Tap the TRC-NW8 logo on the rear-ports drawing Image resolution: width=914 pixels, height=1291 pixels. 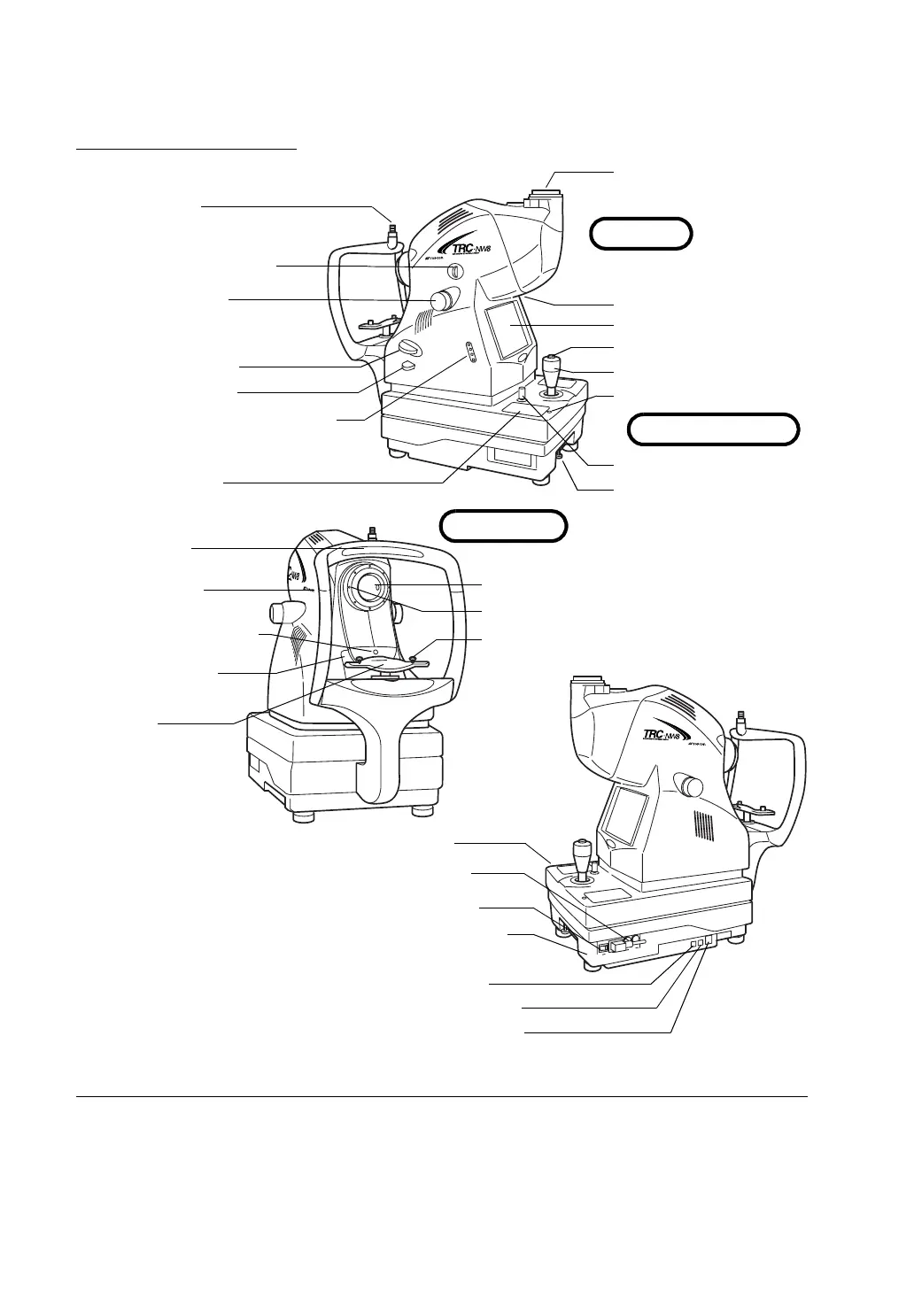pyautogui.click(x=660, y=733)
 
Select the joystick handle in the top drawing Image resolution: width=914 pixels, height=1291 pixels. pyautogui.click(x=552, y=367)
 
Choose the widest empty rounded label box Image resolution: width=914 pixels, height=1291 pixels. pyautogui.click(x=714, y=429)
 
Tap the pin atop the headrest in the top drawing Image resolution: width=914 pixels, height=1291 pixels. pyautogui.click(x=391, y=236)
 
